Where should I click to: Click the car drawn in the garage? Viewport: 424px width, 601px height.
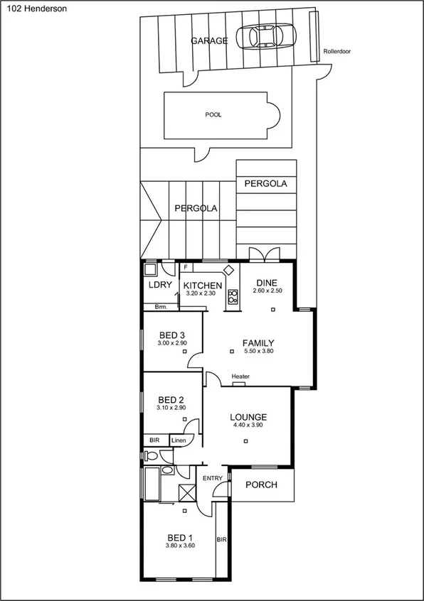coord(268,36)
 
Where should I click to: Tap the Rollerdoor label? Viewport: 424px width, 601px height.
coord(336,52)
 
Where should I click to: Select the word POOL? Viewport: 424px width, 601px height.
coord(213,114)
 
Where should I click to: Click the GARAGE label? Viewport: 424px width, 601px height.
coord(209,41)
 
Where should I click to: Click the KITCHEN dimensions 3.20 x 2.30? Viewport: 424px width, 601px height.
coord(200,293)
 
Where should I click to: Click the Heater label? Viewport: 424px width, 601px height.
coord(240,377)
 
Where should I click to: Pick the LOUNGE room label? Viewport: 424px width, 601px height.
coord(248,417)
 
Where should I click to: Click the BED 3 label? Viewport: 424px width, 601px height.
coord(172,335)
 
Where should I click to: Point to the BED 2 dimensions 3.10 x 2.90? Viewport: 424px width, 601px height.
coord(171,408)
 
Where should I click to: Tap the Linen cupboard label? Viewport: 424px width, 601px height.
coord(179,440)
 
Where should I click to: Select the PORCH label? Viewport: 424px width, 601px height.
coord(261,485)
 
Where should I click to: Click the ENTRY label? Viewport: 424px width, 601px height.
coord(213,478)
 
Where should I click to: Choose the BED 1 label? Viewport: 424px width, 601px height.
coord(181,537)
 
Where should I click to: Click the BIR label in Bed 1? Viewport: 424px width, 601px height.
coord(221,539)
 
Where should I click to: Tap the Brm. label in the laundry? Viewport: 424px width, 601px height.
coord(161,307)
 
